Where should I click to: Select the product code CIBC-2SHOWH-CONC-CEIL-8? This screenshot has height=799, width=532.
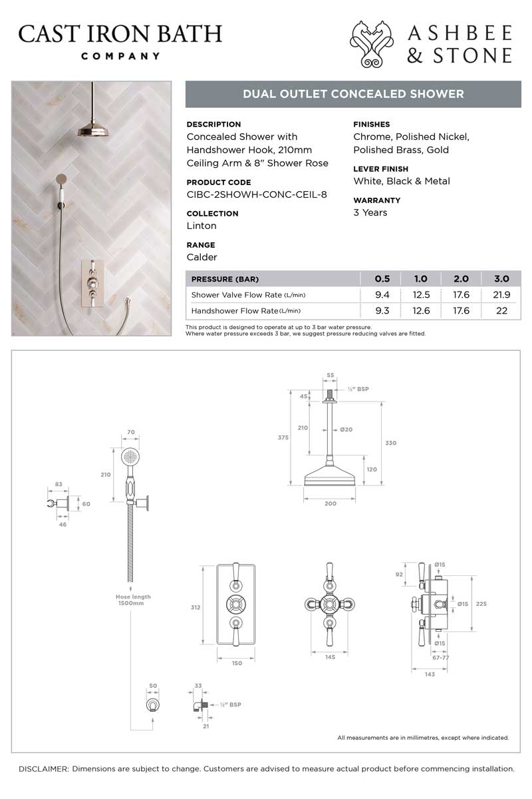click(x=257, y=194)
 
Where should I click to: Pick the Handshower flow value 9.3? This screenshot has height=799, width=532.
click(x=382, y=310)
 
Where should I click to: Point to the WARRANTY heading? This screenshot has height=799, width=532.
click(x=376, y=200)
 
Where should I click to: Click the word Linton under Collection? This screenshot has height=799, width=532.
click(x=201, y=226)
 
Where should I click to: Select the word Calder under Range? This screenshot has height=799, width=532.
click(x=202, y=257)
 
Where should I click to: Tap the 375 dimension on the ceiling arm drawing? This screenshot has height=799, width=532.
click(x=282, y=437)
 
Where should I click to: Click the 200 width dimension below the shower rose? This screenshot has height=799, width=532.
click(x=331, y=505)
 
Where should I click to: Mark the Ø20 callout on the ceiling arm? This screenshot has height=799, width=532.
click(x=346, y=429)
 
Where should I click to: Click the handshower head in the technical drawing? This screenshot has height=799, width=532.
click(x=131, y=459)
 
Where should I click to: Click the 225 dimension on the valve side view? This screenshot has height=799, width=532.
click(x=482, y=604)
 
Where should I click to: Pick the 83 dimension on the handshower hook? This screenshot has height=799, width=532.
click(x=59, y=484)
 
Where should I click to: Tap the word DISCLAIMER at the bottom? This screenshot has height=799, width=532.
click(x=44, y=768)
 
